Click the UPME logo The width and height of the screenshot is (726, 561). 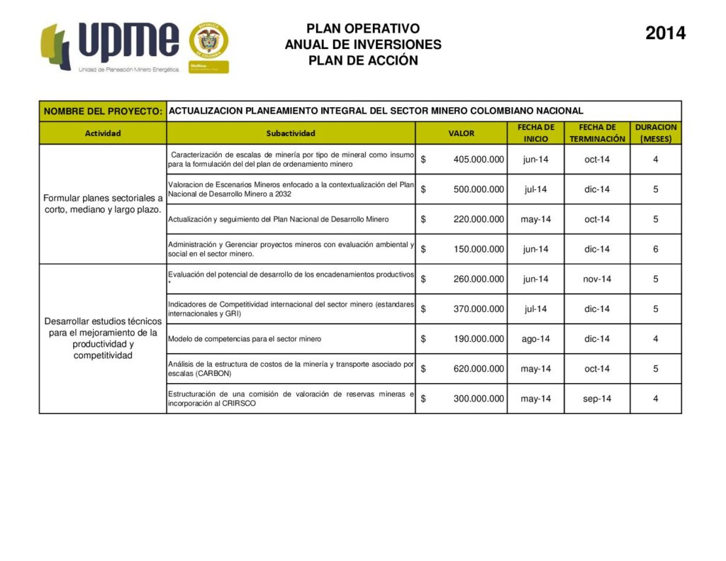tap(110, 46)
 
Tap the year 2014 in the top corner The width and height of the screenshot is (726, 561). tap(665, 33)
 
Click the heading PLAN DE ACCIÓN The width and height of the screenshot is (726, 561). tap(363, 61)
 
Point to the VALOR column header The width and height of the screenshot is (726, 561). tap(461, 133)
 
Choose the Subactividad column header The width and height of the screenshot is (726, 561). tap(291, 133)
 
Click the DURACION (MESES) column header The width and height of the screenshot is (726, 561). tap(655, 133)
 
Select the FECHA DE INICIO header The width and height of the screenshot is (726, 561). tap(535, 133)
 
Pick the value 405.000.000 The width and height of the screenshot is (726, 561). tap(479, 160)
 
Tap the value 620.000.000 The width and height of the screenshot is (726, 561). tap(479, 369)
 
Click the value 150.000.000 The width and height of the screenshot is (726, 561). tap(479, 250)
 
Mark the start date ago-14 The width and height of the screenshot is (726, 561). tap(535, 339)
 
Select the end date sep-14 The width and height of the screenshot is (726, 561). tap(596, 399)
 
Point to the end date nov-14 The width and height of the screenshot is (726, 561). tap(596, 279)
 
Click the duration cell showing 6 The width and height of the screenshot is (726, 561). tap(655, 250)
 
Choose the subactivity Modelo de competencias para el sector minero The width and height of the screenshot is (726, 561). tap(245, 339)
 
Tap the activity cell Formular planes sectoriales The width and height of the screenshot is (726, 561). tap(103, 204)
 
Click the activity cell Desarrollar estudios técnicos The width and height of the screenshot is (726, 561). tap(103, 338)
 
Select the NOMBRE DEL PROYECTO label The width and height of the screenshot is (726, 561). tap(103, 111)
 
